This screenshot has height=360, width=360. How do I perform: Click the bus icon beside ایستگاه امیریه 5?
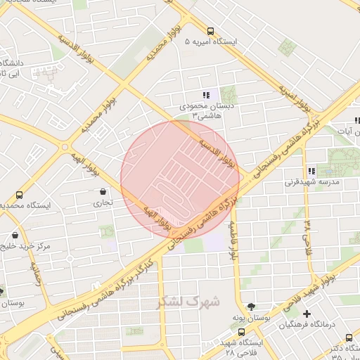coord(211,30)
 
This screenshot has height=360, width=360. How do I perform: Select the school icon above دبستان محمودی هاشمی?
coord(206,94)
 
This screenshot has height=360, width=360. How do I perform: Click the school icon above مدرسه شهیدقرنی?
coord(311,171)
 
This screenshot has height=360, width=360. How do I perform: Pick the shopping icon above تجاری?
coord(103,191)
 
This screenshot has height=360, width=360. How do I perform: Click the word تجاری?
coord(103,202)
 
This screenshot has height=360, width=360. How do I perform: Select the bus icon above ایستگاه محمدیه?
coord(18,195)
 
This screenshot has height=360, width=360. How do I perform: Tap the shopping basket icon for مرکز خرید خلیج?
coord(15,235)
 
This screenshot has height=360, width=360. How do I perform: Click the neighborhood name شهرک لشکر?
coord(188,301)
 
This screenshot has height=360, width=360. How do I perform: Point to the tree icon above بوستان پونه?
coord(252,305)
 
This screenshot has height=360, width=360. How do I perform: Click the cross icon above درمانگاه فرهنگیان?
coord(306,314)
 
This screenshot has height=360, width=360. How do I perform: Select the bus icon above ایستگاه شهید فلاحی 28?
coord(241,332)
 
